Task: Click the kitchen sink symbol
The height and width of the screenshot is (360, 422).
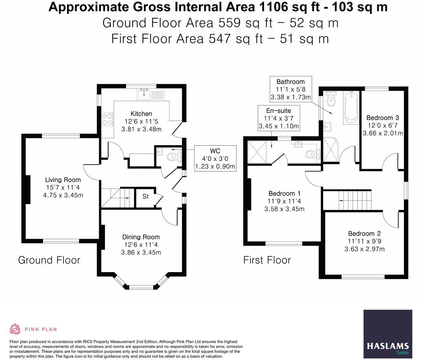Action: (x=150, y=95)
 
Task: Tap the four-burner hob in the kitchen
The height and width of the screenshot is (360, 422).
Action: (x=107, y=119)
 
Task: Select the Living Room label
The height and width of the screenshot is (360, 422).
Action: (x=63, y=179)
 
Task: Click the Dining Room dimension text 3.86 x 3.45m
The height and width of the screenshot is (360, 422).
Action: (x=141, y=252)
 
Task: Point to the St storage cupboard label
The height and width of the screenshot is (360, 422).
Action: (x=145, y=196)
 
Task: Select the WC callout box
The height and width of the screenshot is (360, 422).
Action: (x=215, y=159)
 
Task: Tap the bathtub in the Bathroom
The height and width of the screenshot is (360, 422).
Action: (x=351, y=108)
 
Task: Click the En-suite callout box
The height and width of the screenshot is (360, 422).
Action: (x=278, y=118)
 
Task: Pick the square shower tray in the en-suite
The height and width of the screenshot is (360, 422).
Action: (x=257, y=152)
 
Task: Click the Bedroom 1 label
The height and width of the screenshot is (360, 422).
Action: (x=285, y=193)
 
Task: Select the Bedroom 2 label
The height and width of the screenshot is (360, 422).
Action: (x=364, y=233)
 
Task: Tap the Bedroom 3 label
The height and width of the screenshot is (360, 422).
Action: (x=382, y=118)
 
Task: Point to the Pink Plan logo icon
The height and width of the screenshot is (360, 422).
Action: (x=15, y=329)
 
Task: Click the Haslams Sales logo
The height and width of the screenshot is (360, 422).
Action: (x=388, y=334)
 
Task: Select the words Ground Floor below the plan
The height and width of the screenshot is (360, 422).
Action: (x=49, y=260)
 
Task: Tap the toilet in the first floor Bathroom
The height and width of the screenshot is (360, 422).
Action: (x=331, y=99)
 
